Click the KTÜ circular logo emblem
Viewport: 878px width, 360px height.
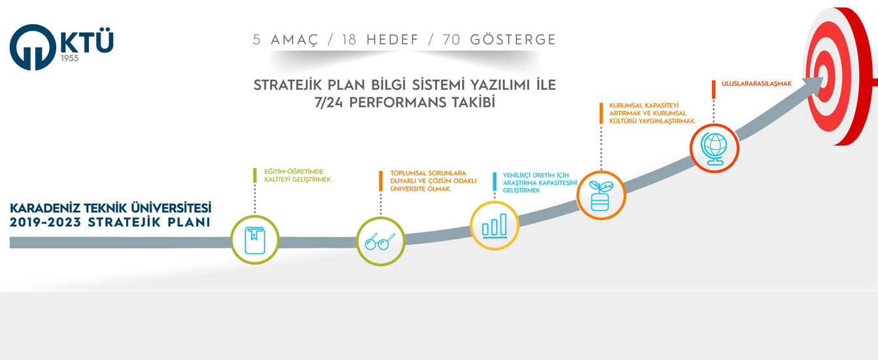pos(33,48)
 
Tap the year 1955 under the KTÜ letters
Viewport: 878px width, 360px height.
pos(70,58)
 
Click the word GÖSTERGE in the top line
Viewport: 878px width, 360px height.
pos(513,40)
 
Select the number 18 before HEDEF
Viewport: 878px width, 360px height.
pos(349,40)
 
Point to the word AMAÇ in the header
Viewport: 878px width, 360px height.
pos(295,41)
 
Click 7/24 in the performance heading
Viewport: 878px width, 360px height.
pos(328,103)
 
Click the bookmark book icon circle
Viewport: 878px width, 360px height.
pos(255,240)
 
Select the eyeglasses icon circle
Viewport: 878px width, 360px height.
pos(380,241)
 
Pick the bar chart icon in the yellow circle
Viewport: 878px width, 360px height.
pos(495,225)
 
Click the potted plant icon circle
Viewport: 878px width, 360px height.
pos(601,195)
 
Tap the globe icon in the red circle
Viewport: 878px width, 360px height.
pos(714,148)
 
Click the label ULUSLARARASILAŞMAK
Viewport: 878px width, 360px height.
pos(756,84)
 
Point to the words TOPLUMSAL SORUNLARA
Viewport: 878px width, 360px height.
pos(428,173)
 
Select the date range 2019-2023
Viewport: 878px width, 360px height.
pos(45,222)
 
